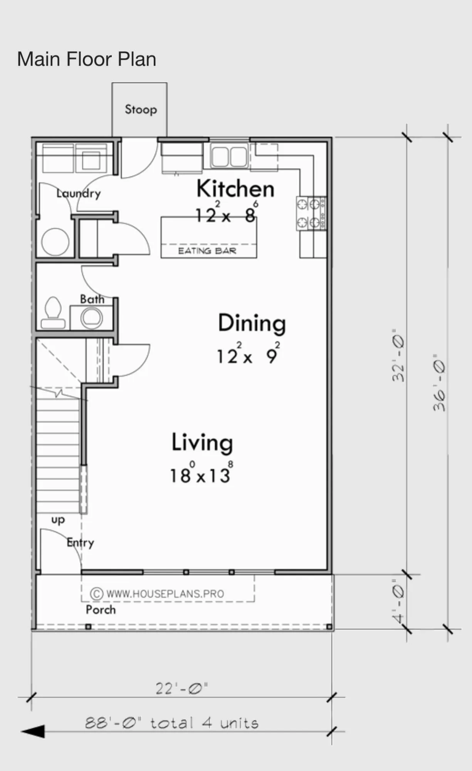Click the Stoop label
point(141,109)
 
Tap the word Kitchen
point(235,189)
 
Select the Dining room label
point(252,323)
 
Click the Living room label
point(202,443)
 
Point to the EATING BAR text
point(207,251)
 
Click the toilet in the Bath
point(53,312)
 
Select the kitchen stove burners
point(311,214)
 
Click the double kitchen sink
point(229,157)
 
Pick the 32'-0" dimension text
point(398,355)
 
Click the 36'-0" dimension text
point(439,382)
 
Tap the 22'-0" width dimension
point(181,689)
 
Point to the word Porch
point(101,609)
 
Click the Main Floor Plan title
point(87,59)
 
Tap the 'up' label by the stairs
point(58,520)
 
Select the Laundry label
point(79,193)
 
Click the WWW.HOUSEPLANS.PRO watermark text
point(165,594)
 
